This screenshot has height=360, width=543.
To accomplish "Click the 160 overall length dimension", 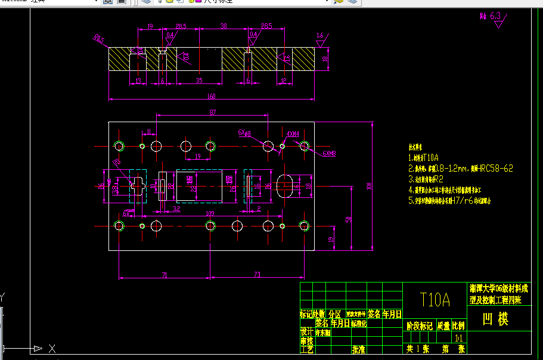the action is tap(211, 96).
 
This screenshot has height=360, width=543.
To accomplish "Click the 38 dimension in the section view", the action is tap(224, 26).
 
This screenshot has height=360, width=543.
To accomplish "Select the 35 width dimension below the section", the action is tap(199, 80).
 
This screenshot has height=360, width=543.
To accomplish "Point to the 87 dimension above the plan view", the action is tap(212, 112).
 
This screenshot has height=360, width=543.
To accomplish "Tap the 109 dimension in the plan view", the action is tap(210, 213).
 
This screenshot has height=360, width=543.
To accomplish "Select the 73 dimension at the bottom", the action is tap(257, 275).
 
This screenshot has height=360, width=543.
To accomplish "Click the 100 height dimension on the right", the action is tap(370, 186).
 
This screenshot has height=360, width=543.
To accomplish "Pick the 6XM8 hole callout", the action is tap(330, 153).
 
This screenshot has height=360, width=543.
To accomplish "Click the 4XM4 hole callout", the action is tap(292, 134).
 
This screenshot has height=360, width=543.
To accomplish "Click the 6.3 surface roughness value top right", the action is tap(495, 16).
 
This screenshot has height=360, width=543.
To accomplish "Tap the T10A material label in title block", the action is tap(435, 299).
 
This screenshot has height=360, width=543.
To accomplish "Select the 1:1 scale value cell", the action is tap(459, 337).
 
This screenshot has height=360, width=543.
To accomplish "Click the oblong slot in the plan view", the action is tap(285, 186).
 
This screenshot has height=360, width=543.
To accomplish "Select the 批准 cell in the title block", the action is tap(359, 349).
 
